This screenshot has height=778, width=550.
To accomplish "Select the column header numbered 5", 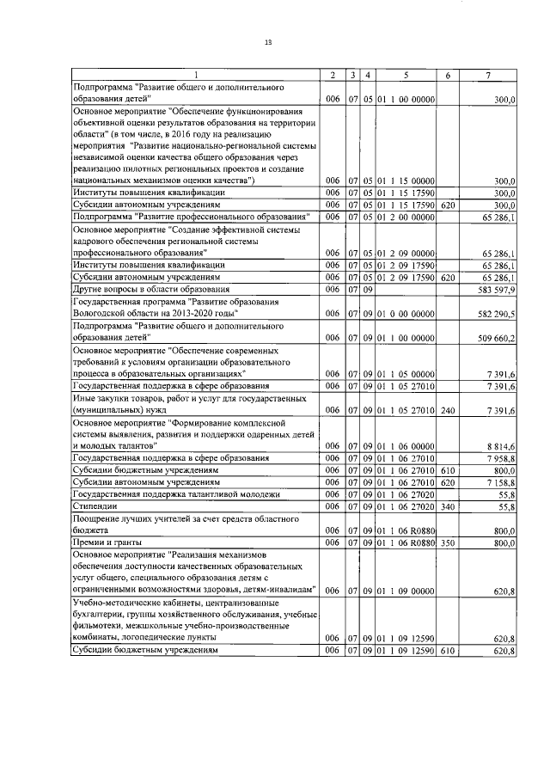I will click(406, 76).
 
